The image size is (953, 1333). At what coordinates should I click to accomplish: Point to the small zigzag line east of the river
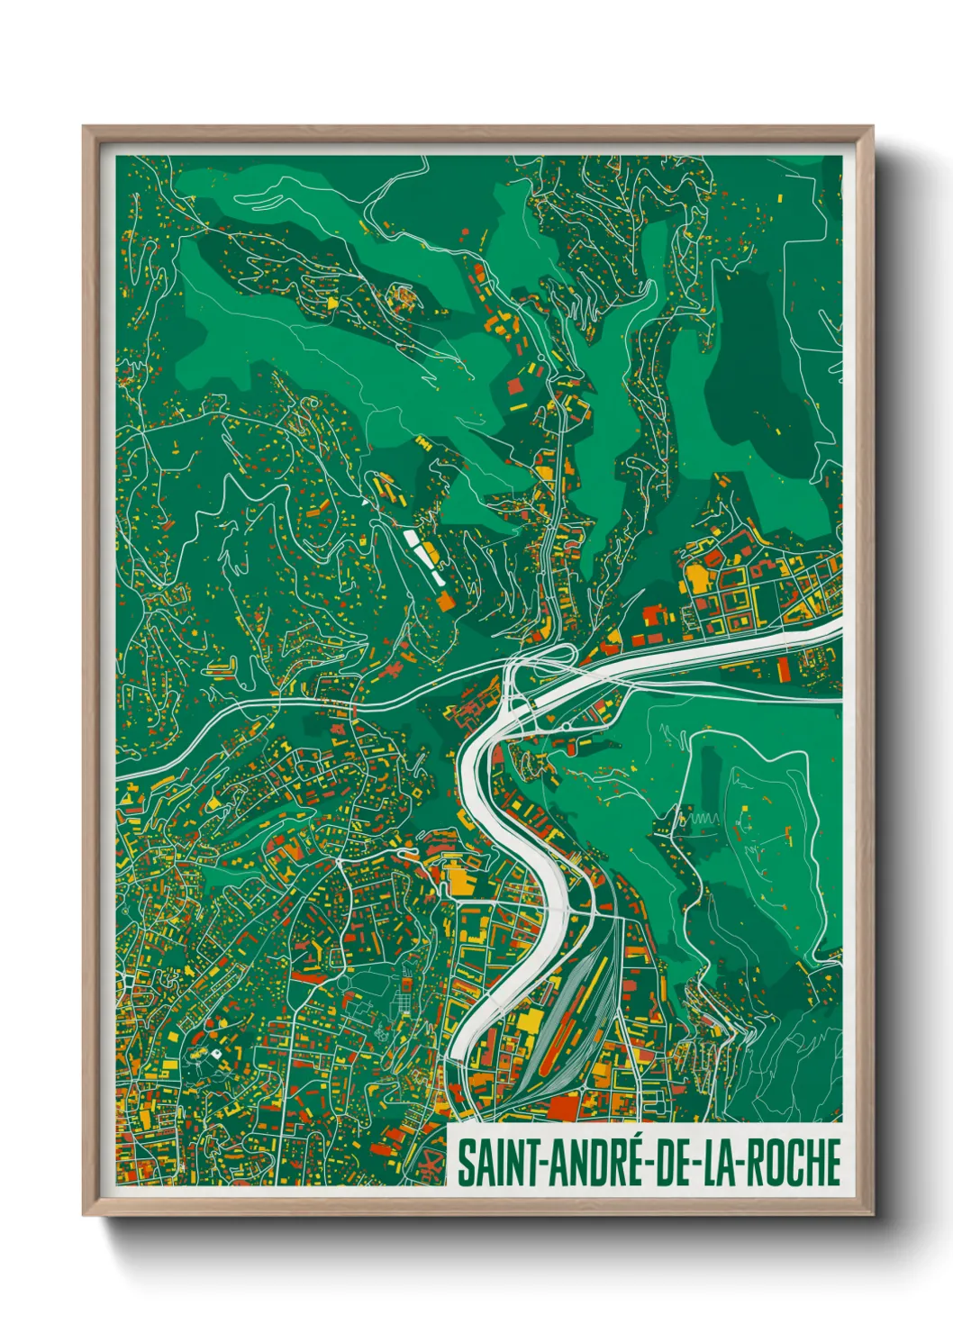[x=701, y=819]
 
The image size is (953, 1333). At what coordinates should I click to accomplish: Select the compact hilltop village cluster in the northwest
[x=404, y=297]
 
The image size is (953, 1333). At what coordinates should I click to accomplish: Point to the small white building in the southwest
[x=215, y=1052]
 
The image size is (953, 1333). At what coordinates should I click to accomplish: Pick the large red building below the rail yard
[x=567, y=1103]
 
